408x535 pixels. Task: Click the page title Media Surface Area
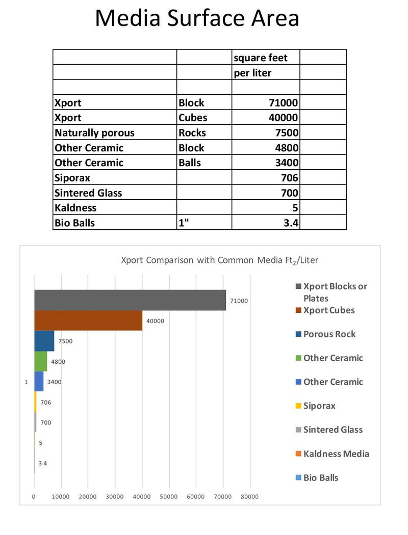click(x=197, y=19)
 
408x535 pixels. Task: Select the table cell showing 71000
click(x=266, y=102)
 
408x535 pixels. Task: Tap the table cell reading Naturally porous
click(x=115, y=133)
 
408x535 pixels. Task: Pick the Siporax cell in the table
click(x=115, y=178)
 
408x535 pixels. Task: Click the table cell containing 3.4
click(x=266, y=223)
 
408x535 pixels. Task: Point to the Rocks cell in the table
click(x=204, y=133)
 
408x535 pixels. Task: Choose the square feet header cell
click(x=266, y=58)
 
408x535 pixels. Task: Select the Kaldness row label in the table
click(x=115, y=208)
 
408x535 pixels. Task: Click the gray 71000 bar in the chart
click(x=130, y=300)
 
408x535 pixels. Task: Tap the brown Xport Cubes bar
click(x=88, y=320)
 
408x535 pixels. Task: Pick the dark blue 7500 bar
click(x=44, y=341)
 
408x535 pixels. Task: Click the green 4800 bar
click(x=40, y=361)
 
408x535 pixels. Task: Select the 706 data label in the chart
click(x=45, y=403)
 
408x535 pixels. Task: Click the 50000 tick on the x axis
click(x=169, y=497)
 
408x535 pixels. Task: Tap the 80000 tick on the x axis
click(x=249, y=497)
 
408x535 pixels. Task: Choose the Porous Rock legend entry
click(x=329, y=334)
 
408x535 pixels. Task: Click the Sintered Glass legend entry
click(x=333, y=430)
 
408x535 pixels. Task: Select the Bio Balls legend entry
click(x=320, y=477)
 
